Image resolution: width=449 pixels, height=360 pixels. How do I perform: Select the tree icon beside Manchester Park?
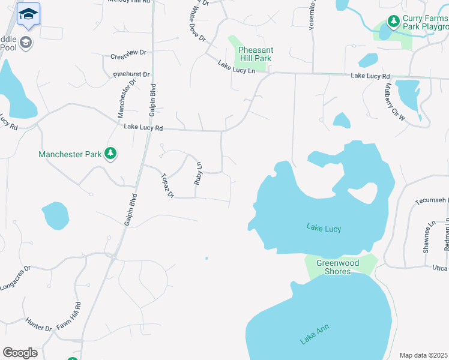click(x=110, y=154)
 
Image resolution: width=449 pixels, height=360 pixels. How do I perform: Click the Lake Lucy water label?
click(x=324, y=227)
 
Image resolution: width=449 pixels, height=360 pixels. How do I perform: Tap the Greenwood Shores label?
click(x=337, y=268)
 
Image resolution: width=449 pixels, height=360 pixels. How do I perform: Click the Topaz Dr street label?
click(x=167, y=185)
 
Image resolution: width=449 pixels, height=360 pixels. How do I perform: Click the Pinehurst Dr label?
click(x=131, y=74)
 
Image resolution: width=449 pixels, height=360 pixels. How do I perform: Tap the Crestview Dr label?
click(x=128, y=53)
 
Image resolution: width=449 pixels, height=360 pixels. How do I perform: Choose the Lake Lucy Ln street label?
click(x=237, y=67)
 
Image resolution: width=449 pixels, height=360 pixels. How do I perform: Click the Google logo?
click(x=20, y=353)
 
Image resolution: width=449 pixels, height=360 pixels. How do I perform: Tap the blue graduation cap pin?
click(x=28, y=14)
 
